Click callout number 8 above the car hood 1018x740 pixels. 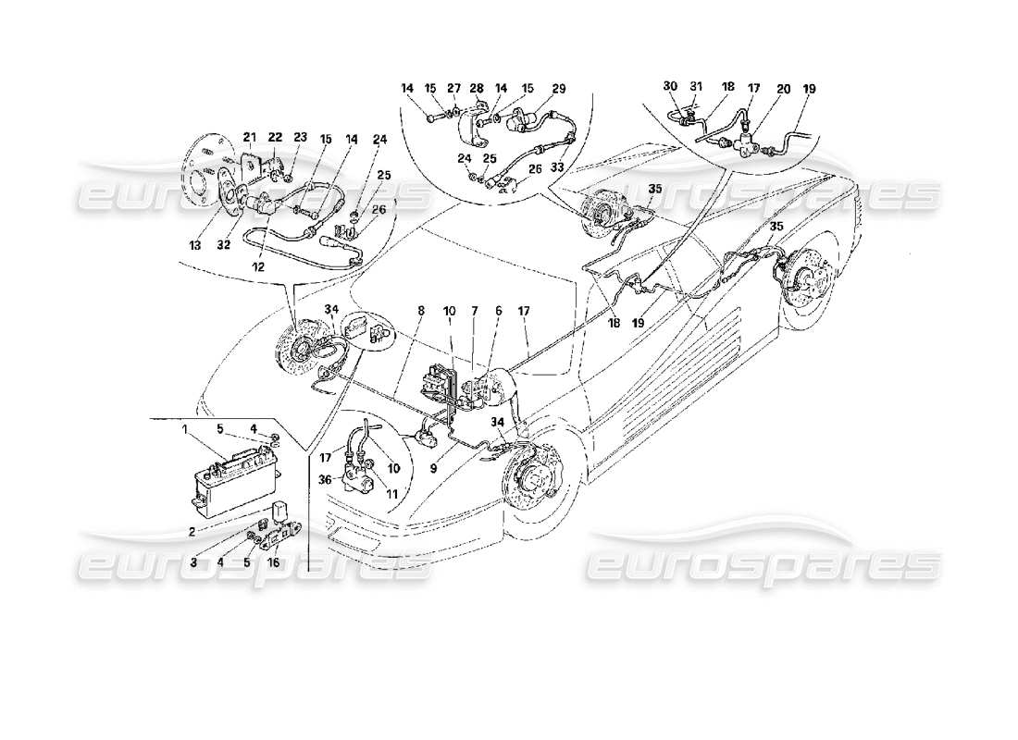(x=420, y=312)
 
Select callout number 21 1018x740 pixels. (x=249, y=137)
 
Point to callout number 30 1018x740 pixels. (x=670, y=87)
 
